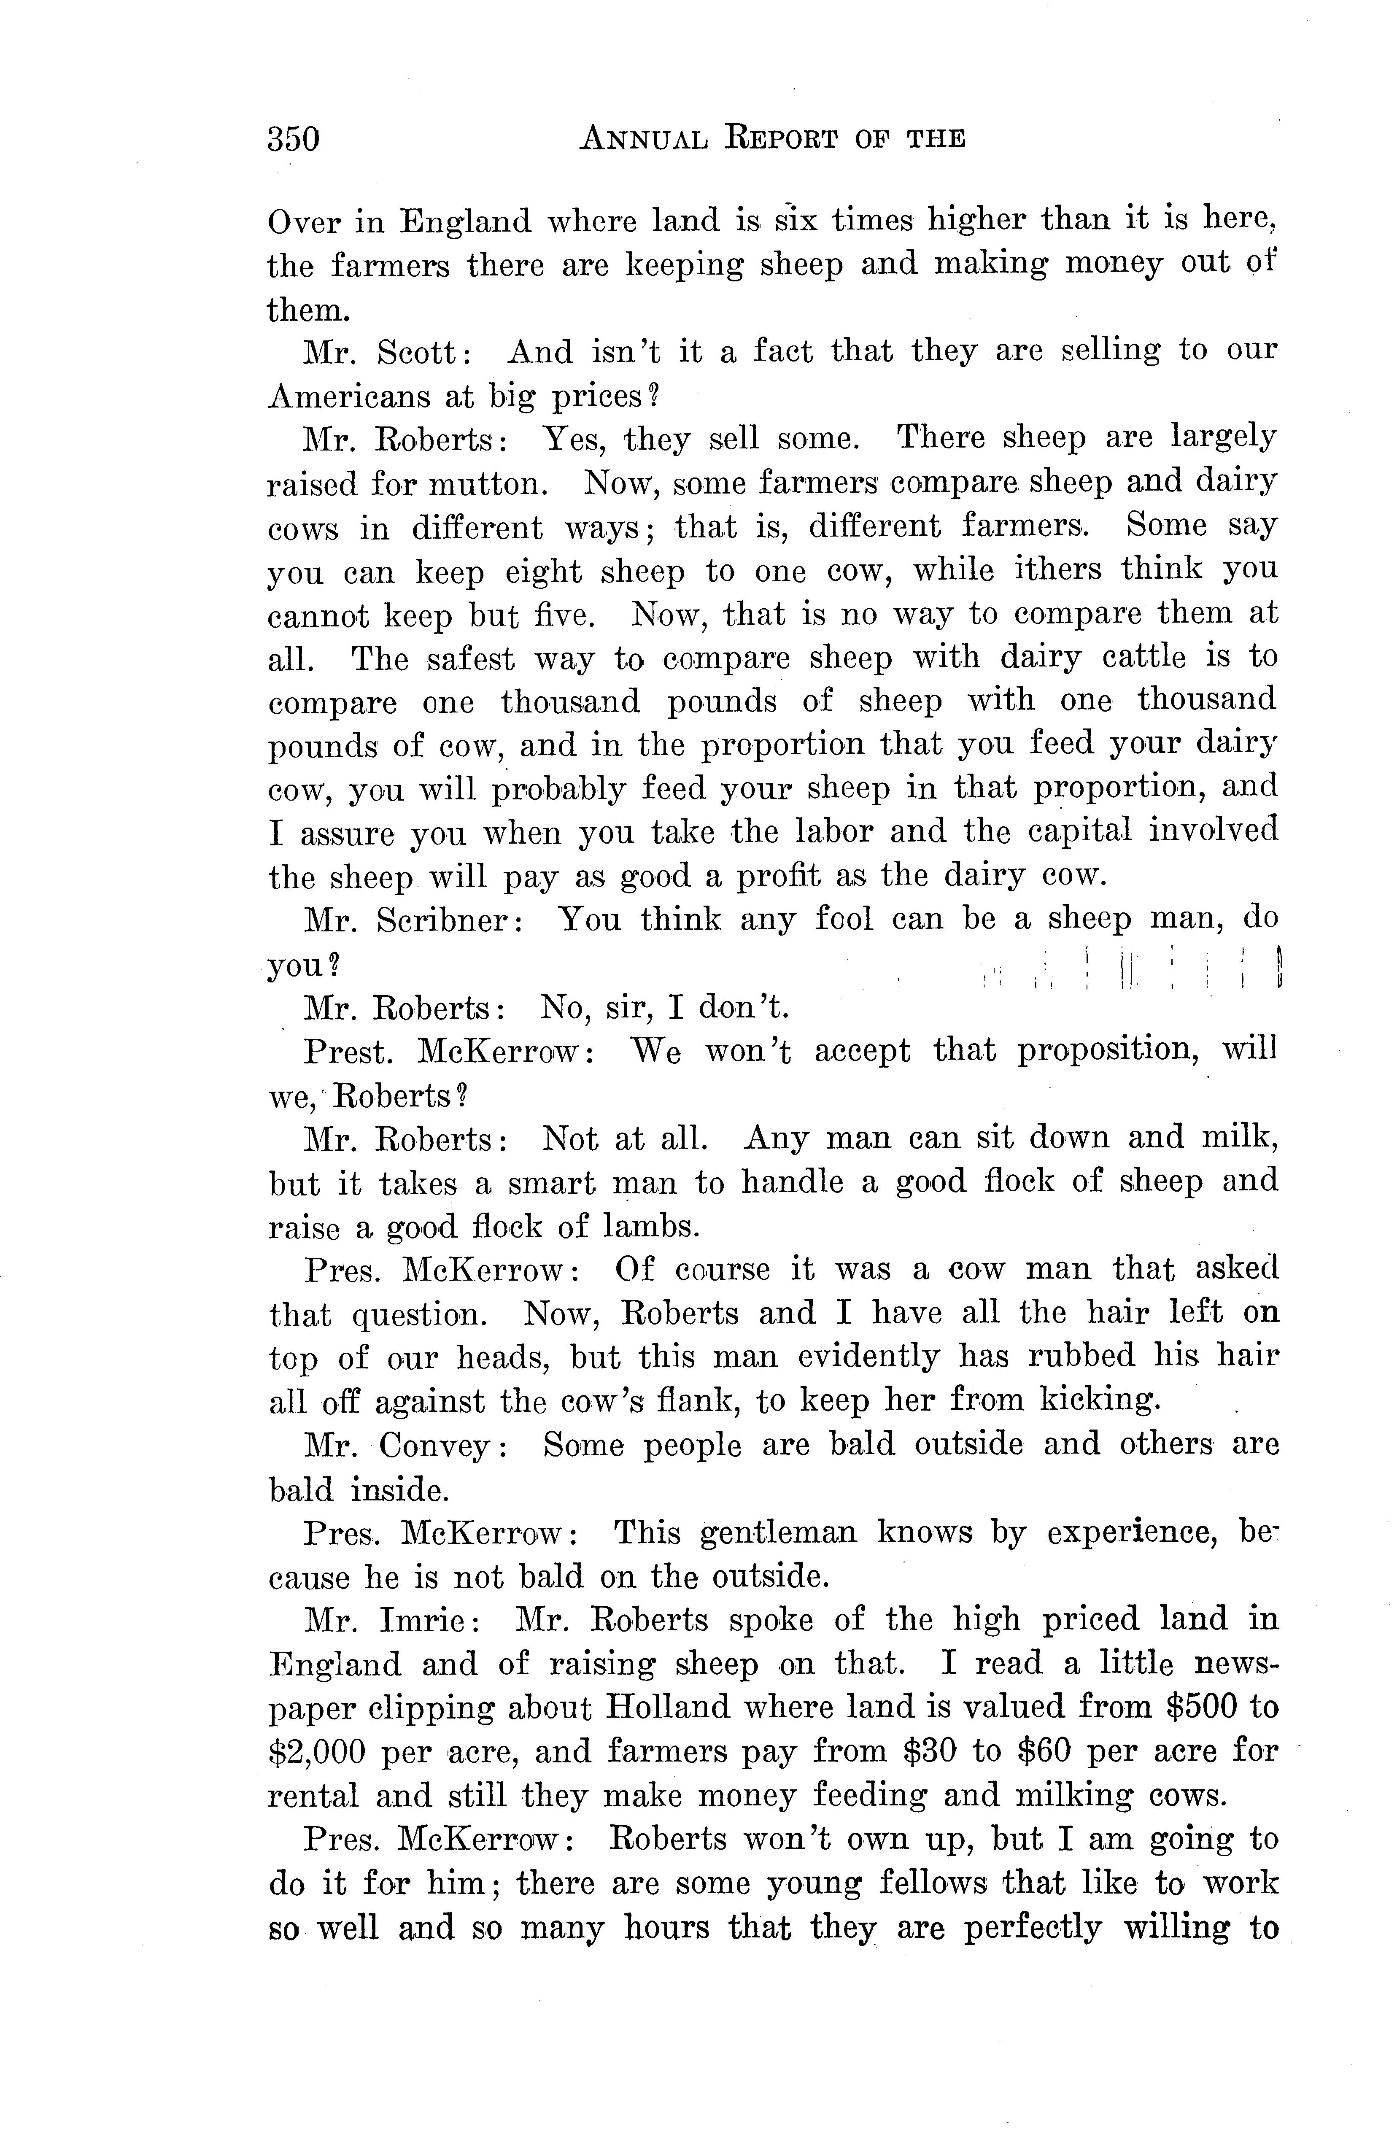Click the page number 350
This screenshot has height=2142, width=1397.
(294, 140)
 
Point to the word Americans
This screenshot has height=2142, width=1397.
(345, 396)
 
